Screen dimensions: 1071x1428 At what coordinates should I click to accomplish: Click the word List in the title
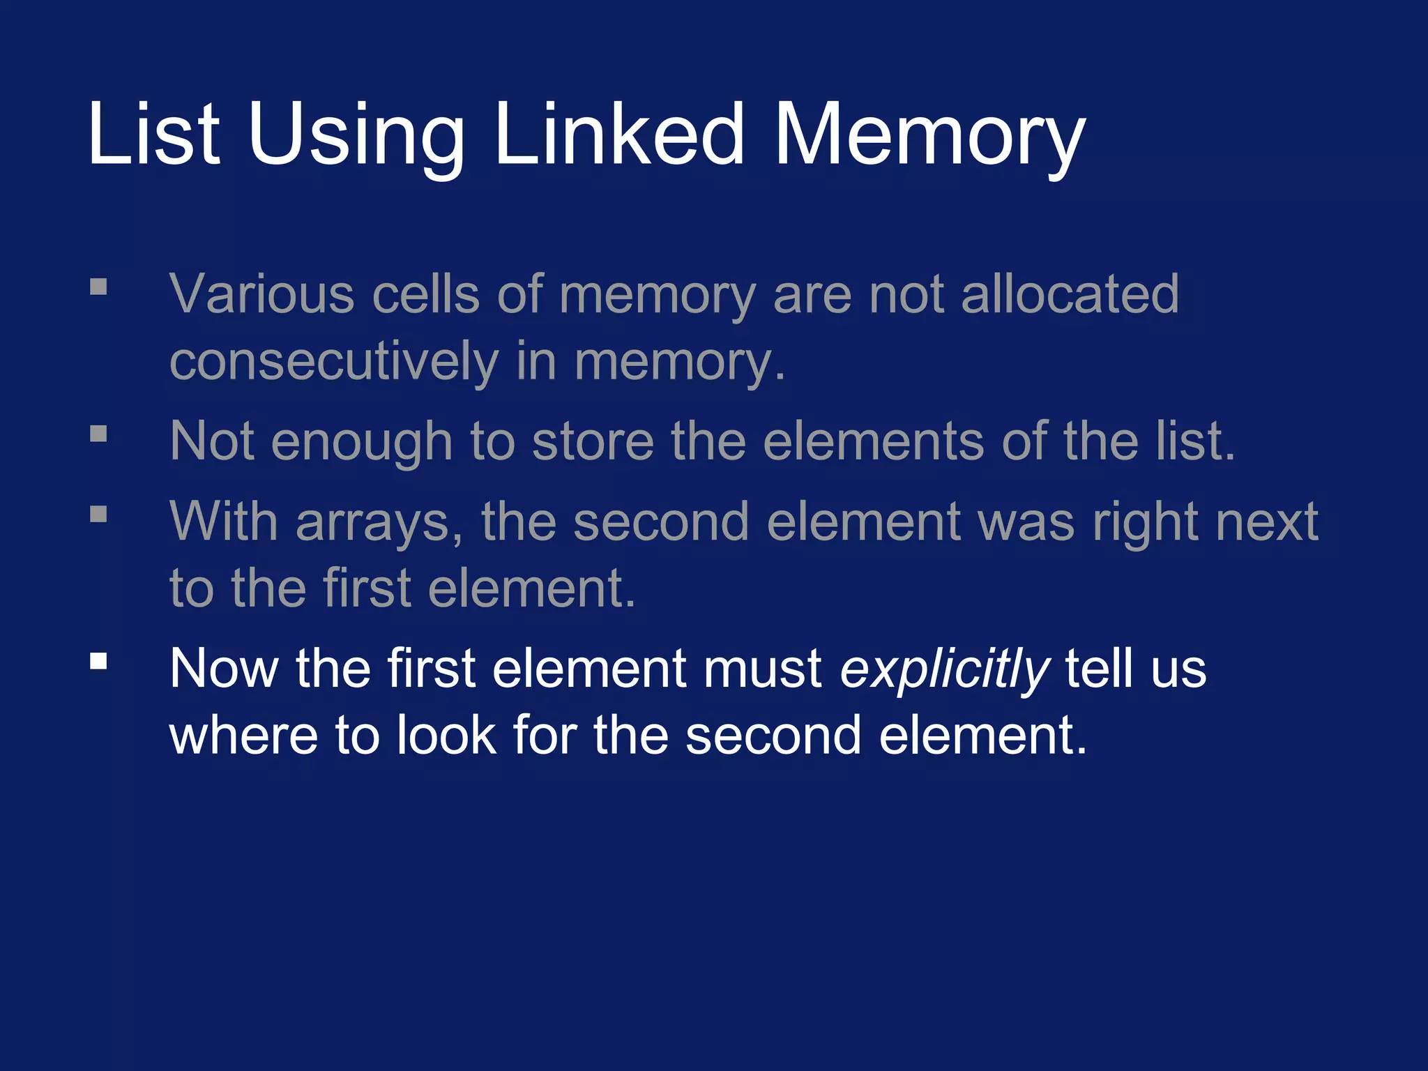[x=154, y=133]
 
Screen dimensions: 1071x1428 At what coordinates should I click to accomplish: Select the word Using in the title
[x=356, y=136]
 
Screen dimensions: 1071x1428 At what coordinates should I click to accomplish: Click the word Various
[x=262, y=294]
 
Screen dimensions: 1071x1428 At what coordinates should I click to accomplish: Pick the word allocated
[x=1070, y=294]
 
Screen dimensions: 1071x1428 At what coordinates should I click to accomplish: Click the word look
[x=446, y=735]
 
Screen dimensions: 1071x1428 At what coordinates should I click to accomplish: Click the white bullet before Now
[x=99, y=660]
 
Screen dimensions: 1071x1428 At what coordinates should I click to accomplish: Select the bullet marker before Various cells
[x=99, y=287]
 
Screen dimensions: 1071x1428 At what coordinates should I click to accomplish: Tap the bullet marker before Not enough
[x=99, y=434]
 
